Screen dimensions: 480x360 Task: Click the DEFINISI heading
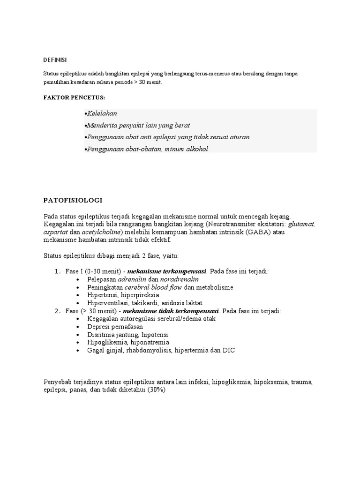coord(55,60)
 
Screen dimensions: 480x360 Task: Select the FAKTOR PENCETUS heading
coord(74,97)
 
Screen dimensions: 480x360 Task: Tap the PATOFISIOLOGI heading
coord(73,200)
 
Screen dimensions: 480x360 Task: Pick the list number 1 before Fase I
coord(57,271)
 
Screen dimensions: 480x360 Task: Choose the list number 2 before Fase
coord(57,311)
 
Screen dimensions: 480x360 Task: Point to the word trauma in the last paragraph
coord(301,382)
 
